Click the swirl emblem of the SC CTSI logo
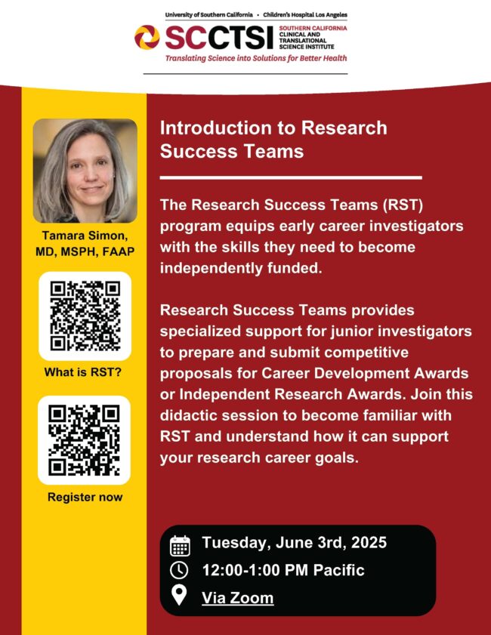(x=147, y=37)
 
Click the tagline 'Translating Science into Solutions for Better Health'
(x=256, y=58)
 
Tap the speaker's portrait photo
(x=85, y=171)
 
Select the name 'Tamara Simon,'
(x=85, y=236)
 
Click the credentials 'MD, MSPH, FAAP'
(x=85, y=252)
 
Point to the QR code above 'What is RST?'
(x=85, y=316)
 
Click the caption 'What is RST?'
(x=83, y=372)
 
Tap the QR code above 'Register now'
(x=85, y=440)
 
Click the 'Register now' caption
(x=85, y=497)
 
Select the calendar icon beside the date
(x=180, y=546)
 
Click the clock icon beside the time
(x=179, y=570)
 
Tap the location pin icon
(x=179, y=595)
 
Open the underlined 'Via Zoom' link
(x=238, y=598)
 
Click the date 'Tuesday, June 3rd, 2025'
(x=295, y=543)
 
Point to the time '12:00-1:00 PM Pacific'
(x=283, y=570)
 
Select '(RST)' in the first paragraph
(x=403, y=205)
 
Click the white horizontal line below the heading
(x=291, y=177)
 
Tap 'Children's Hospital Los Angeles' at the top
(x=305, y=14)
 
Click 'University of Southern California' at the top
(x=208, y=14)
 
